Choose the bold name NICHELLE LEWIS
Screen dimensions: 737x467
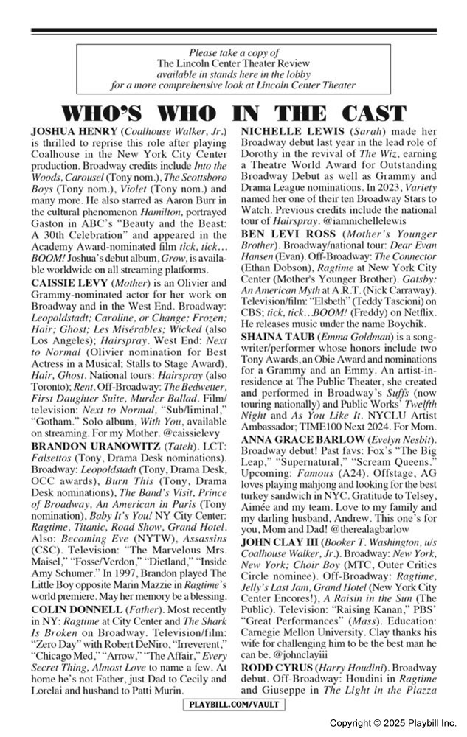click(299, 130)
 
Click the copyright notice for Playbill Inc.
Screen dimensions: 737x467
click(392, 724)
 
